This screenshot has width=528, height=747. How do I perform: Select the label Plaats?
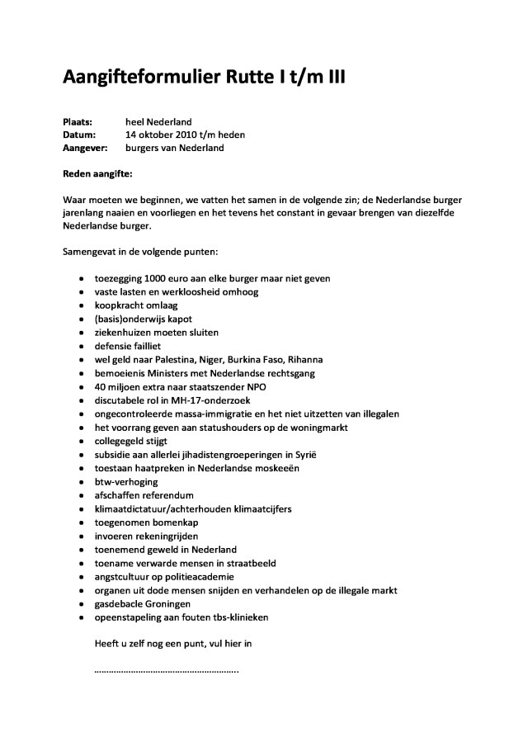pos(78,122)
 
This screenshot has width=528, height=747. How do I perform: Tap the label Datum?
pos(79,135)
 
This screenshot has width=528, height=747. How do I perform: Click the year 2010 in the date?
pos(176,135)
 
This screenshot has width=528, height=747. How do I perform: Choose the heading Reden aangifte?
pos(97,174)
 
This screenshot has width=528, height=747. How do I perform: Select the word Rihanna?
pos(299,360)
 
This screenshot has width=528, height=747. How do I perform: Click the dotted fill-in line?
pos(167,670)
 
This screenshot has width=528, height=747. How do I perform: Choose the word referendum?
pos(167,495)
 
